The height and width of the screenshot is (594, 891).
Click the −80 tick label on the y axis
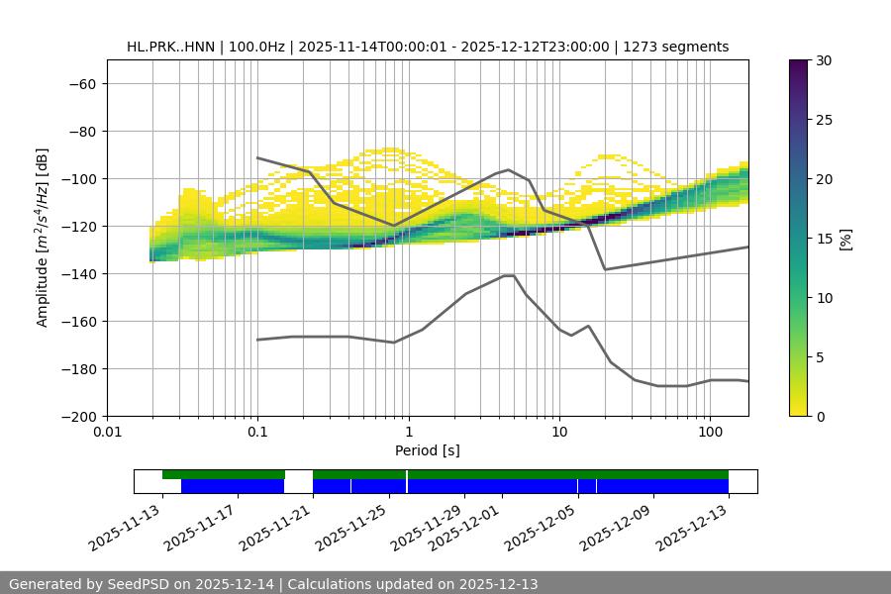point(80,132)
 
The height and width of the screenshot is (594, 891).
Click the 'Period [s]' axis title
point(427,450)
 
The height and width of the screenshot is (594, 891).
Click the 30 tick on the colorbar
point(822,60)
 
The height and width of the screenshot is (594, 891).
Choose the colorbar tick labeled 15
point(822,239)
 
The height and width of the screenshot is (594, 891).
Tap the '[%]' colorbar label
point(845,239)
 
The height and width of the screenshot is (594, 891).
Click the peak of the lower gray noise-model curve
point(509,275)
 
